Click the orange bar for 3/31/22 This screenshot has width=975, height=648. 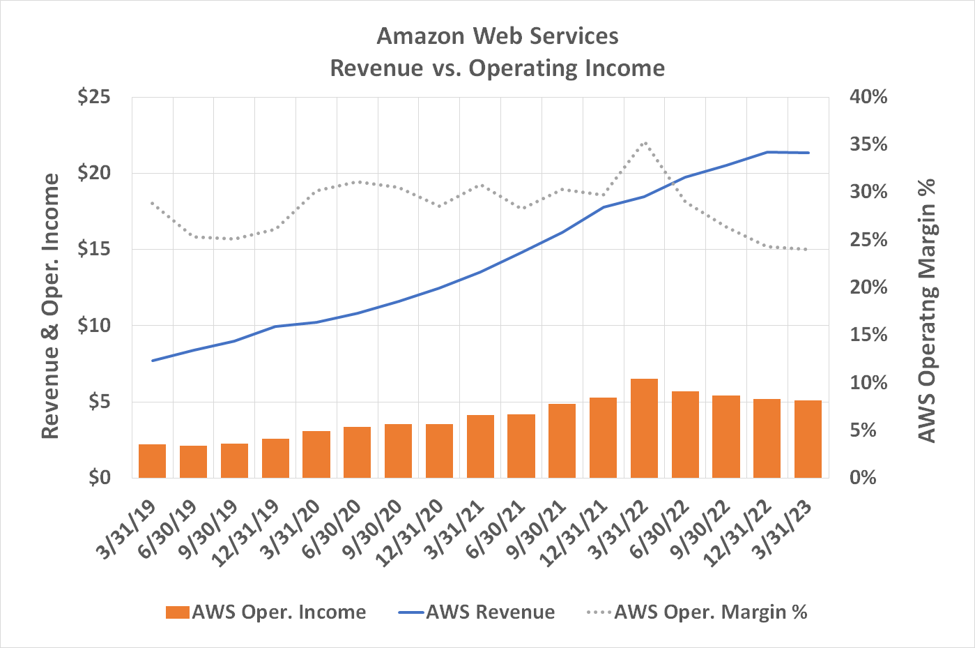pos(644,428)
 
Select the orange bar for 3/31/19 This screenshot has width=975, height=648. pos(152,461)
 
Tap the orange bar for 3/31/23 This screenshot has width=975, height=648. pos(808,439)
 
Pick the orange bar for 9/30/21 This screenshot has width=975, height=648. pos(562,441)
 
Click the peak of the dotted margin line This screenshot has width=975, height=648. pos(644,143)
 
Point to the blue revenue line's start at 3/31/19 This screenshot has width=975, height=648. pos(152,361)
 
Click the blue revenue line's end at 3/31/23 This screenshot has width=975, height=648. pos(808,153)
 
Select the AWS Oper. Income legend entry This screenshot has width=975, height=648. pos(266,612)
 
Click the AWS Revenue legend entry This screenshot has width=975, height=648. pos(477,612)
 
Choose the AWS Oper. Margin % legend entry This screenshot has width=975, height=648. pos(697,612)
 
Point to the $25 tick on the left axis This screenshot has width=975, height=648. pos(94,97)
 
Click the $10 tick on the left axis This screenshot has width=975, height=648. pos(94,326)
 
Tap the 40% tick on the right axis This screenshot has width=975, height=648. pos(868,97)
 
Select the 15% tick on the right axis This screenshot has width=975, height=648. pos(868,336)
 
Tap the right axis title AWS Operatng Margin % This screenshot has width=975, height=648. pos(926,310)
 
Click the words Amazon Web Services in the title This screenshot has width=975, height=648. pos(497,36)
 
